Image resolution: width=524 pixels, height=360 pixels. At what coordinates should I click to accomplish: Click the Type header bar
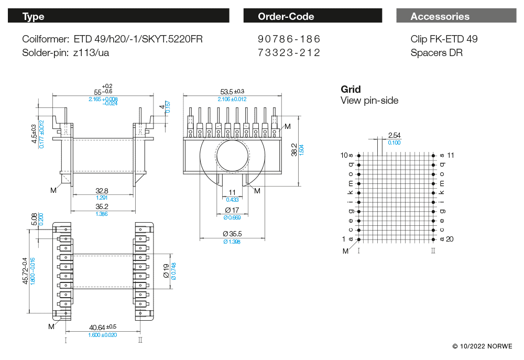coord(118,16)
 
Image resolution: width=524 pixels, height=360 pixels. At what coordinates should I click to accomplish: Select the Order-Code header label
coord(286,17)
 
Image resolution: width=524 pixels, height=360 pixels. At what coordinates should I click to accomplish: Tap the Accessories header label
coord(440,17)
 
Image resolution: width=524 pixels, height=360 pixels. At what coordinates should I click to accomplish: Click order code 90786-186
coord(289,39)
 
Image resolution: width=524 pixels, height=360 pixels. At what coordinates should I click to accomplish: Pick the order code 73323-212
coord(289,53)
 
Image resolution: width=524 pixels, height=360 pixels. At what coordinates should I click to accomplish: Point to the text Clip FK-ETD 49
coord(444,39)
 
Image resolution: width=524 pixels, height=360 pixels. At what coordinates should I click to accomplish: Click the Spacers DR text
coord(436,53)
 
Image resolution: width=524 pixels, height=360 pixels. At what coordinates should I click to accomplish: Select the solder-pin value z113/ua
coord(91,53)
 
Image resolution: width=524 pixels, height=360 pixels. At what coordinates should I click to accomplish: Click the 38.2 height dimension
coord(294,149)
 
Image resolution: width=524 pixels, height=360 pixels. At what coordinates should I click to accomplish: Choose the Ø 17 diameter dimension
coord(232,210)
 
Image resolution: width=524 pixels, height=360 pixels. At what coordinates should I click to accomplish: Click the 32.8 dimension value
coord(102,191)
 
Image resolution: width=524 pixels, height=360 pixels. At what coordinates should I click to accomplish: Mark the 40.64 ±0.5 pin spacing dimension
coord(103,328)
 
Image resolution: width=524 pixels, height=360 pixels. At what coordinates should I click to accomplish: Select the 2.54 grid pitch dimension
coord(394,136)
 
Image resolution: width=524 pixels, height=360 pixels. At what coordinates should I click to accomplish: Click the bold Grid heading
coord(351,90)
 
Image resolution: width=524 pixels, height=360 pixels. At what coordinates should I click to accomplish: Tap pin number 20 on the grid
coord(449,239)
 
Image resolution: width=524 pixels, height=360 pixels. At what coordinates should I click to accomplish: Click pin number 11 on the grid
coord(449,156)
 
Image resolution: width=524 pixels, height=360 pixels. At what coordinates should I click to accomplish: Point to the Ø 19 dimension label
coord(166,270)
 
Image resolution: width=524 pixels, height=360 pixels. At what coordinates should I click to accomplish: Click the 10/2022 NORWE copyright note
coord(483,346)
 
